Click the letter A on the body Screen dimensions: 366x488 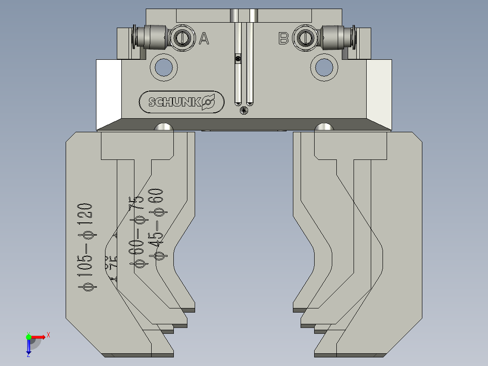(204, 39)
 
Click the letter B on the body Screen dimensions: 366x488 (283, 39)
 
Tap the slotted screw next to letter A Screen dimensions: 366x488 (182, 38)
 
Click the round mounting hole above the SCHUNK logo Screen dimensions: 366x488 (164, 67)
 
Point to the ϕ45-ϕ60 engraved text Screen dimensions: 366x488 (158, 224)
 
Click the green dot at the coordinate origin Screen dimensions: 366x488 (29, 337)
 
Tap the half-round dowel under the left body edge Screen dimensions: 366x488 (164, 127)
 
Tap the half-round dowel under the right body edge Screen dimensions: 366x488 (324, 127)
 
